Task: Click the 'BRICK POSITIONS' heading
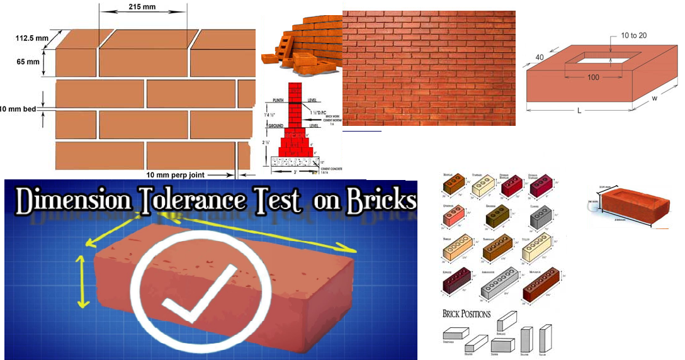coord(467,313)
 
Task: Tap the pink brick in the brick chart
coord(455,218)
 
